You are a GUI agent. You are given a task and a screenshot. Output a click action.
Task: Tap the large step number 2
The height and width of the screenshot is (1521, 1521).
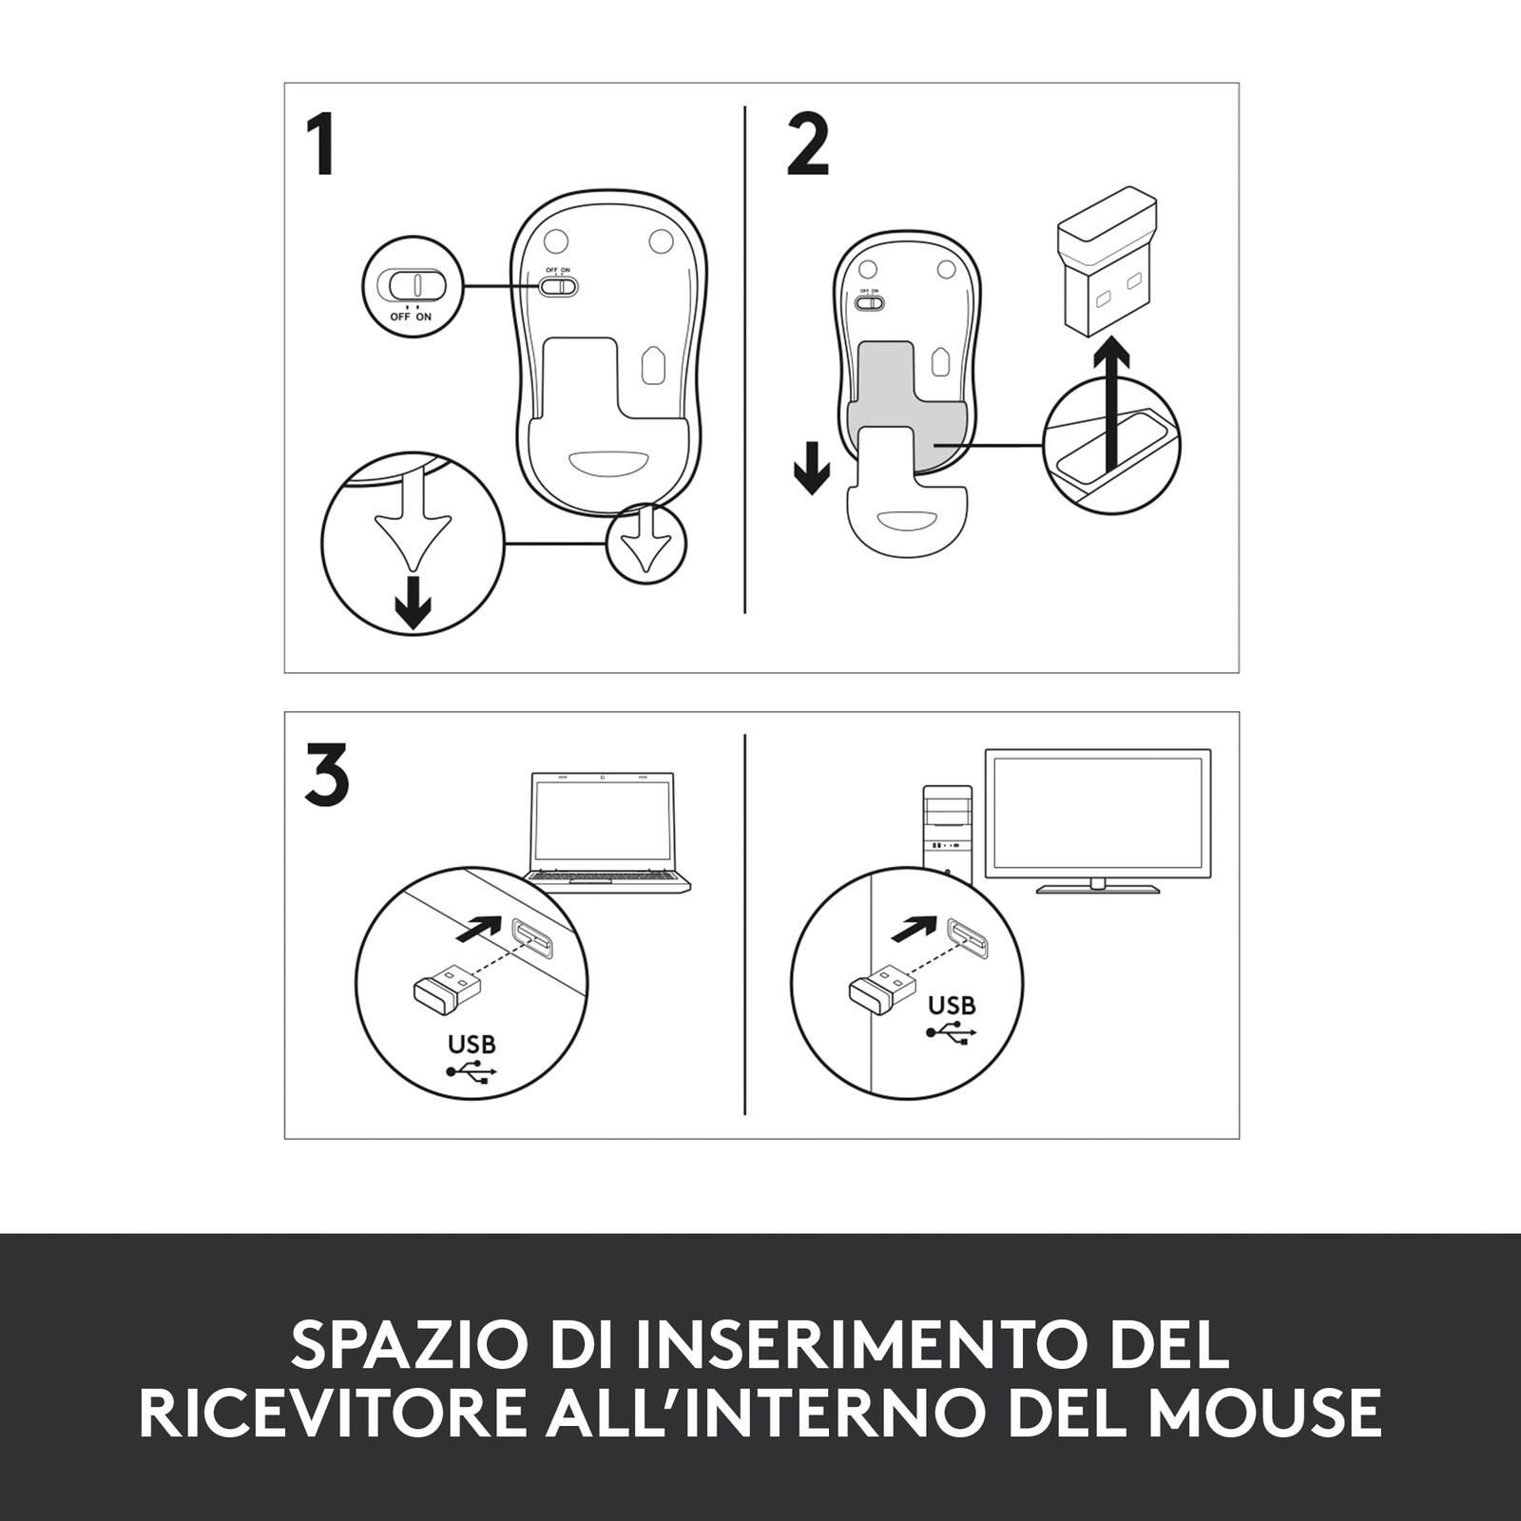pyautogui.click(x=808, y=145)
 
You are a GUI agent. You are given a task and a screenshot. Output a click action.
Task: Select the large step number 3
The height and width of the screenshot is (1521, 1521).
pyautogui.click(x=327, y=775)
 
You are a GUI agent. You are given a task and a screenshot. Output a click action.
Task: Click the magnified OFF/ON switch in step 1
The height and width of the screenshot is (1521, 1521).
pyautogui.click(x=412, y=284)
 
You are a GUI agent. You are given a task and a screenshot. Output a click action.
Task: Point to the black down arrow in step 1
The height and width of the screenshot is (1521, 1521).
pyautogui.click(x=413, y=601)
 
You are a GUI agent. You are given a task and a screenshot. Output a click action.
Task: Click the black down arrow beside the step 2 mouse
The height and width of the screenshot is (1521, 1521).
pyautogui.click(x=811, y=467)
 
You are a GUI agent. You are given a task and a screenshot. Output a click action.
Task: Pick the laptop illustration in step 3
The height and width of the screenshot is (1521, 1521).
pyautogui.click(x=608, y=833)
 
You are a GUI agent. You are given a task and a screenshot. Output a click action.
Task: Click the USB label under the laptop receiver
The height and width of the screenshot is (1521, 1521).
pyautogui.click(x=472, y=1044)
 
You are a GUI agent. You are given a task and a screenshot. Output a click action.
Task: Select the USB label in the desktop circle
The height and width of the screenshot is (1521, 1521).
pyautogui.click(x=952, y=1005)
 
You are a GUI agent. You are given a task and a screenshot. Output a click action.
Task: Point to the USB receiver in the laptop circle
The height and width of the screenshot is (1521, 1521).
pyautogui.click(x=447, y=988)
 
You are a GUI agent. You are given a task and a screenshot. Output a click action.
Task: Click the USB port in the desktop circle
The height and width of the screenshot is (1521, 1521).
pyautogui.click(x=967, y=937)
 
